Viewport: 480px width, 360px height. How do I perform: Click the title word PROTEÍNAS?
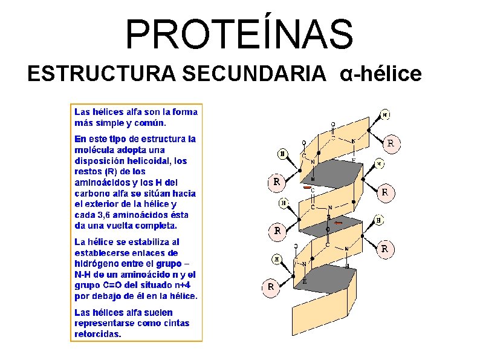[x=239, y=34]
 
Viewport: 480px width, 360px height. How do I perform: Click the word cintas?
[x=176, y=323]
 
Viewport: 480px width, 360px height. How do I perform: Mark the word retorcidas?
[x=97, y=333]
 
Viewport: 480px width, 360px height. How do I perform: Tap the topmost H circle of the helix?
[x=386, y=114]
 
